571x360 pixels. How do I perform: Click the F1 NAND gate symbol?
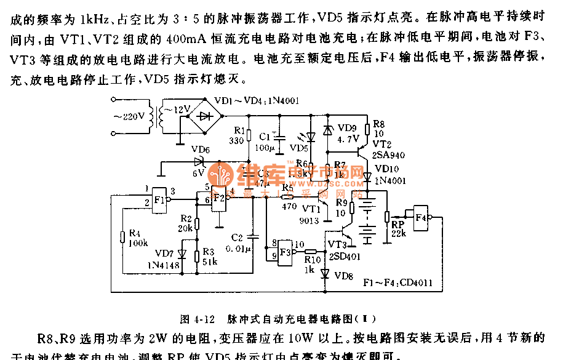coord(160,199)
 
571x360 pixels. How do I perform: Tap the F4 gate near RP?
coord(421,218)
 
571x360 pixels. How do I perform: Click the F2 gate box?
coord(218,201)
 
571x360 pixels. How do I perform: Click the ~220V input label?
coord(129,116)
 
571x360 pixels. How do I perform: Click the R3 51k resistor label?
coord(209,257)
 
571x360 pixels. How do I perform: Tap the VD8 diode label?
coord(344,276)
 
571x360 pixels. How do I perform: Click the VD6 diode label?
coord(200,150)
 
